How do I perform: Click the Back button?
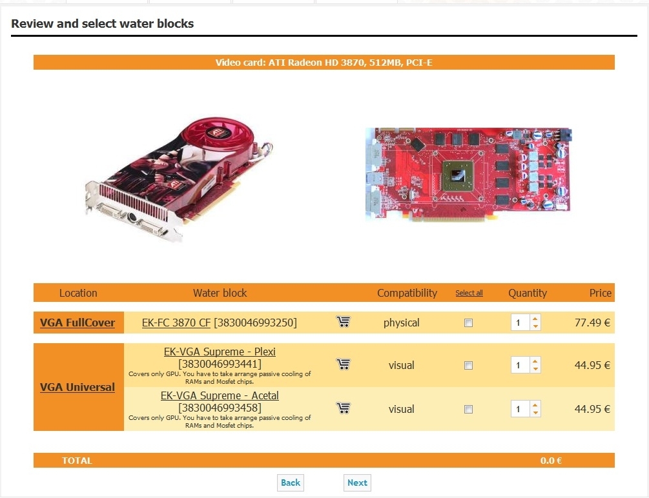(291, 483)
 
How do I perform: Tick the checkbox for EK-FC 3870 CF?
(469, 323)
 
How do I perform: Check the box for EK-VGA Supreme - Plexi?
(469, 366)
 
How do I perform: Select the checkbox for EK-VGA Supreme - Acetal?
(469, 410)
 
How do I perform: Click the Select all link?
(469, 294)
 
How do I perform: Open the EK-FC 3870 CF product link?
(176, 323)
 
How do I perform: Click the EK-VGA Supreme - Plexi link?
(220, 352)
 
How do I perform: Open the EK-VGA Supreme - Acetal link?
(220, 395)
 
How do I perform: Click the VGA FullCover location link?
(77, 323)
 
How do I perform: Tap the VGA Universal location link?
(77, 387)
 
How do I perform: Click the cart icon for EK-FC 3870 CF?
(343, 322)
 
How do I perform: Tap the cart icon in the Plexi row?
(343, 364)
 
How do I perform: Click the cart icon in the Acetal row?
(343, 408)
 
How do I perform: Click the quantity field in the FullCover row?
(520, 323)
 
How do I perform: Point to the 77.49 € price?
(592, 323)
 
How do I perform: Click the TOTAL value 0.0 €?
(551, 461)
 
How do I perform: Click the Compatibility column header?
(407, 294)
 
